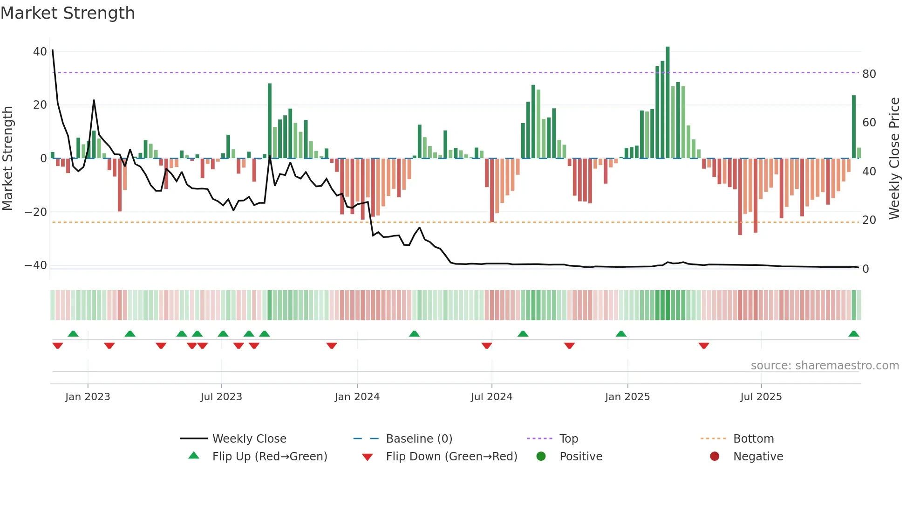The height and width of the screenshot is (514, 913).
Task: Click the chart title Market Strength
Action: click(x=68, y=13)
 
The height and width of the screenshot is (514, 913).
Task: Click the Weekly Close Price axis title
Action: click(x=894, y=158)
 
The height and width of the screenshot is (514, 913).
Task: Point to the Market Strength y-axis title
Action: click(x=7, y=158)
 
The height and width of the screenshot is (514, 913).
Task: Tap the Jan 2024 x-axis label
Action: click(x=357, y=397)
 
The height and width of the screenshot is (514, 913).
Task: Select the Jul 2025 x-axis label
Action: click(x=761, y=397)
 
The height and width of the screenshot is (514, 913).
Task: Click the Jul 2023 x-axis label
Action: click(x=221, y=397)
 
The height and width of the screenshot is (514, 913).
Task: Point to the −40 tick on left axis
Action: click(x=36, y=265)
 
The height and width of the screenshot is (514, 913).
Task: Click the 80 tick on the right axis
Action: click(x=869, y=74)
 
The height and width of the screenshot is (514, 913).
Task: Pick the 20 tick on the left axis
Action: click(x=40, y=105)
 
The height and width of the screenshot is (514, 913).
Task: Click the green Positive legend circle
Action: click(x=541, y=456)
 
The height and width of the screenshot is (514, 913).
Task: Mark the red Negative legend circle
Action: click(x=715, y=456)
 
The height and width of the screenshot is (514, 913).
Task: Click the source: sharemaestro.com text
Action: click(x=824, y=366)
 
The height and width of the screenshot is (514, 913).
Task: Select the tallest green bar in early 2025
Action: click(x=668, y=103)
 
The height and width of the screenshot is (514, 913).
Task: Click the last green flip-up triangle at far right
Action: click(x=853, y=334)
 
